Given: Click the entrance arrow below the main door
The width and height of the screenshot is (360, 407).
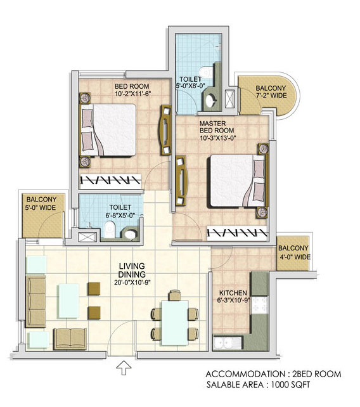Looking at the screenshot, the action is click(x=124, y=368).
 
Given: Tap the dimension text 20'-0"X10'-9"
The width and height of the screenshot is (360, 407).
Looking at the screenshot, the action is click(x=132, y=282).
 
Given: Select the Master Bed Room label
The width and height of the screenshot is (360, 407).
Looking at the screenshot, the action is click(x=217, y=127).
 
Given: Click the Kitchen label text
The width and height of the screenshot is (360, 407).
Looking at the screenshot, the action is click(x=233, y=293).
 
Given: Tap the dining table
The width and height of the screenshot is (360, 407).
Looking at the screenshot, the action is click(x=175, y=323).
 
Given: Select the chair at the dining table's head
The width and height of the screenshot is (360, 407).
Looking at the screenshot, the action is click(x=175, y=295).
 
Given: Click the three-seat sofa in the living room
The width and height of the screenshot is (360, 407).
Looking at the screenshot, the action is click(x=35, y=302).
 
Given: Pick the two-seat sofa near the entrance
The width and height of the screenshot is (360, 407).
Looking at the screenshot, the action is click(x=70, y=339).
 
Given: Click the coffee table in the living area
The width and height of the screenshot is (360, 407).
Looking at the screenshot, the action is click(x=68, y=300).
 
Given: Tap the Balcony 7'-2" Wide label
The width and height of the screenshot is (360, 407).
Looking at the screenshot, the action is click(x=271, y=92).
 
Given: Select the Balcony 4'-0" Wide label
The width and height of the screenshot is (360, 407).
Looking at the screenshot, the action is click(x=293, y=252).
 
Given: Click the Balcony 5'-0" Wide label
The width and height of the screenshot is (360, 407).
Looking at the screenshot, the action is click(x=41, y=203).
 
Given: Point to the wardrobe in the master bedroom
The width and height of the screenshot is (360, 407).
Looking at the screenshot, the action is click(x=237, y=233).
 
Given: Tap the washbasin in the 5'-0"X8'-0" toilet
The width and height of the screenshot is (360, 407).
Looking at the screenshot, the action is click(x=210, y=100).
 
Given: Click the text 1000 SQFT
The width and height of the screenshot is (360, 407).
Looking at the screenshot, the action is click(x=290, y=384).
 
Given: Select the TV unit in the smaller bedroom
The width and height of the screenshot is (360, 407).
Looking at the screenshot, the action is click(x=165, y=130).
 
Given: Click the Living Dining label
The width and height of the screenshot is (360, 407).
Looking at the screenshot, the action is click(x=132, y=270).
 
